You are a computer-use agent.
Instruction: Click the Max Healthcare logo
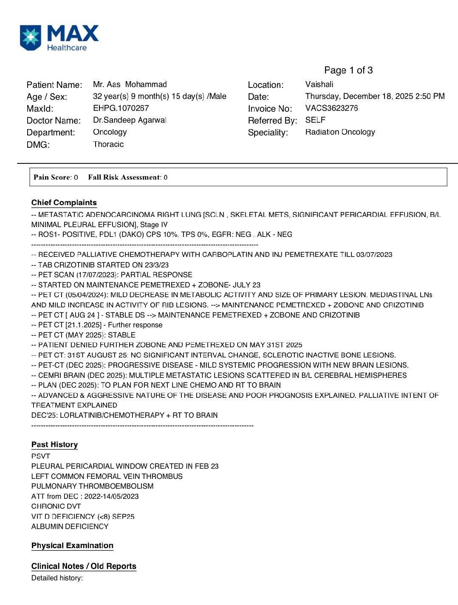[x=59, y=38]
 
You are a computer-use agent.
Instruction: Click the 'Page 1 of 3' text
[x=348, y=70]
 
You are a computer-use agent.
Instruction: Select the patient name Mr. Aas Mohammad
[x=130, y=84]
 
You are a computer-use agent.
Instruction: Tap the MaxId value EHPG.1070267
[x=121, y=108]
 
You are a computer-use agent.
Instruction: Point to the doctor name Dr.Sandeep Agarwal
[x=130, y=120]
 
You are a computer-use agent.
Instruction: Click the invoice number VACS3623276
[x=331, y=108]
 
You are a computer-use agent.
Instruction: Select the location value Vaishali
[x=319, y=84]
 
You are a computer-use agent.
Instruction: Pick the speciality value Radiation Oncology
[x=340, y=132]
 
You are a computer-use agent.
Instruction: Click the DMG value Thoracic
[x=108, y=144]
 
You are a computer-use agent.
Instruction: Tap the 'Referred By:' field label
[x=272, y=121]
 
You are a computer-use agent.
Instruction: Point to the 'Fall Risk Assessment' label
[x=124, y=177]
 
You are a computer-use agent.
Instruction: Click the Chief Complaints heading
[x=64, y=203]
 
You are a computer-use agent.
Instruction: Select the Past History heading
[x=54, y=445]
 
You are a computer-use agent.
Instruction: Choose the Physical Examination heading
[x=72, y=546]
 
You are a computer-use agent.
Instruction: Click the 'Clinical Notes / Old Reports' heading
[x=84, y=566]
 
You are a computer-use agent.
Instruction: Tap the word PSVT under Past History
[x=41, y=456]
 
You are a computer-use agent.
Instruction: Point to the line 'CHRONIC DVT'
[x=56, y=507]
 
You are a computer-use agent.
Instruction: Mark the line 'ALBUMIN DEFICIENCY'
[x=70, y=526]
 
